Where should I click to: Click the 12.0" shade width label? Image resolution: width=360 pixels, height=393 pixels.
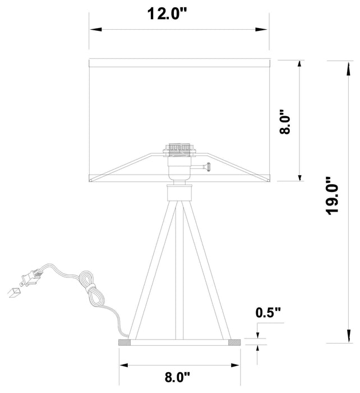coord(167,13)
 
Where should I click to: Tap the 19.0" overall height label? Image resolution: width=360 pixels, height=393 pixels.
coord(333,196)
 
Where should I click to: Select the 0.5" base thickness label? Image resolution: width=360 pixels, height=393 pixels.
coord(268,313)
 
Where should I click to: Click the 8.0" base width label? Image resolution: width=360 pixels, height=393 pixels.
coord(177,377)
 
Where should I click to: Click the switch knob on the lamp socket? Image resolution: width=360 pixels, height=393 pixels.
coord(208,167)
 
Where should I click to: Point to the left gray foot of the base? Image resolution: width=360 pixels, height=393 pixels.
coord(124,342)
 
